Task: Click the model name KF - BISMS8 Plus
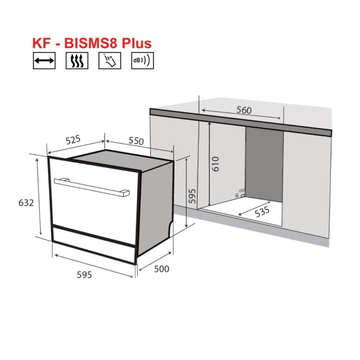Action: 92,43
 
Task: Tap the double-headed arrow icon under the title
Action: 44,61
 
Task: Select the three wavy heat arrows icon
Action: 77,61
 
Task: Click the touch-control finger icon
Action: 109,61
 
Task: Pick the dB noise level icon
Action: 142,61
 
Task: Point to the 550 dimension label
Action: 136,141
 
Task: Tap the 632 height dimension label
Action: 26,203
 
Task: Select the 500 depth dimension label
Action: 161,269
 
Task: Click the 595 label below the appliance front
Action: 84,275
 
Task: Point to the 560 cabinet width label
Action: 244,110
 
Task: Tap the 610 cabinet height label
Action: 215,164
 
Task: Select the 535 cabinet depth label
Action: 262,212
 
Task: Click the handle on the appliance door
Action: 92,186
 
